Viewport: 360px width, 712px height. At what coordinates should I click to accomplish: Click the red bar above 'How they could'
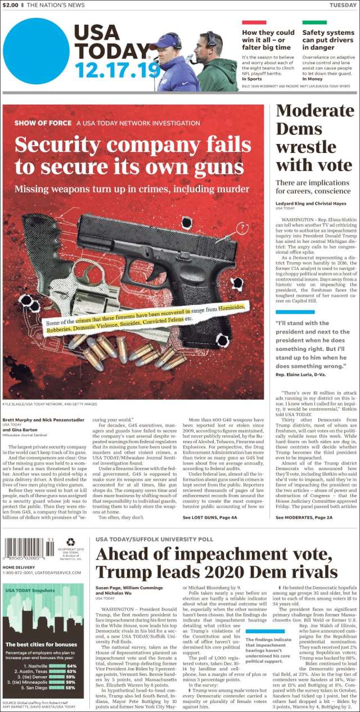coord(254,22)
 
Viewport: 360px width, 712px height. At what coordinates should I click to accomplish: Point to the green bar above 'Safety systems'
coord(314,22)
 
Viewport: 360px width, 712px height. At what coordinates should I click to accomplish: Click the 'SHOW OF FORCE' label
coord(43,123)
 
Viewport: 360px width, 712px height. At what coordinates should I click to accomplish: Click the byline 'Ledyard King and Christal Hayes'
coord(310,203)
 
